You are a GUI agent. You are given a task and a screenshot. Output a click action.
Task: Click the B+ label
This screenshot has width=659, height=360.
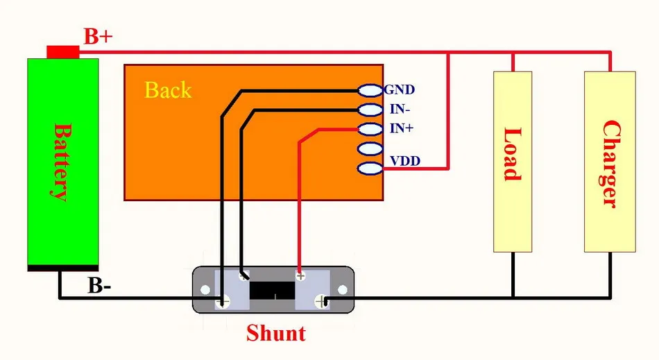[x=99, y=37]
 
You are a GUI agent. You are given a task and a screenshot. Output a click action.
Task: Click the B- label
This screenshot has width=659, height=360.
[x=99, y=286]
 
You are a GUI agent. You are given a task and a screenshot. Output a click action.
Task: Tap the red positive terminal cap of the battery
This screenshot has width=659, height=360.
[x=63, y=52]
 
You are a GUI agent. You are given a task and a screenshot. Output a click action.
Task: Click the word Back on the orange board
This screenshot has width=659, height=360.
[x=168, y=90]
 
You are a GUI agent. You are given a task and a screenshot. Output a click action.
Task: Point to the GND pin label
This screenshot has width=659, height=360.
[x=400, y=89]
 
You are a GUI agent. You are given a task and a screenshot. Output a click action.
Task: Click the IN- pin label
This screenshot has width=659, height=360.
[x=400, y=109]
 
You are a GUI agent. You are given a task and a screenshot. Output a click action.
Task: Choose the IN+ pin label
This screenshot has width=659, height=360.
[x=402, y=128]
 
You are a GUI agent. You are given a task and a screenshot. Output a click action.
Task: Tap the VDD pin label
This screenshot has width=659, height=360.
[x=405, y=161]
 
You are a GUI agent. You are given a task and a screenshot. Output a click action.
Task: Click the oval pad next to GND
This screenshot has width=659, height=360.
[x=370, y=90]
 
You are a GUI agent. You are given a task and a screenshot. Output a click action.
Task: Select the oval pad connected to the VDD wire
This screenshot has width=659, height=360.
[x=370, y=169]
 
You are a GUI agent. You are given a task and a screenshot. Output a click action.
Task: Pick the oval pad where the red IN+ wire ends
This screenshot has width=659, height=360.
[x=370, y=129]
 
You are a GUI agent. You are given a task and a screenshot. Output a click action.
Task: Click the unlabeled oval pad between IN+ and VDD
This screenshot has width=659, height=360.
[x=370, y=148]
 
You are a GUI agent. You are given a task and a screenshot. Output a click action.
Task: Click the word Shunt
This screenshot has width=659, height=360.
[x=276, y=333]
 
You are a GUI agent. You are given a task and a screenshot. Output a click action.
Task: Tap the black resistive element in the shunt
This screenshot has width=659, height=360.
[x=273, y=290]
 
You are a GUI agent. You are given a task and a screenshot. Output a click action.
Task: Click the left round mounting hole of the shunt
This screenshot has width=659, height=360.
[x=205, y=289]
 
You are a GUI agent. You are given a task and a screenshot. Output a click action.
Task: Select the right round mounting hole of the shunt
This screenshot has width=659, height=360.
[x=343, y=289]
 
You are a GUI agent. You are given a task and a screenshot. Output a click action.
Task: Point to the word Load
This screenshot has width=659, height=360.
[x=513, y=154]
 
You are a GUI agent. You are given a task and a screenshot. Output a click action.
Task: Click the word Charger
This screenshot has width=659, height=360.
[x=610, y=164]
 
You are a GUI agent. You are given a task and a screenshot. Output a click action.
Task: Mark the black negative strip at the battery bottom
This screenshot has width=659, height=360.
[x=63, y=268]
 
